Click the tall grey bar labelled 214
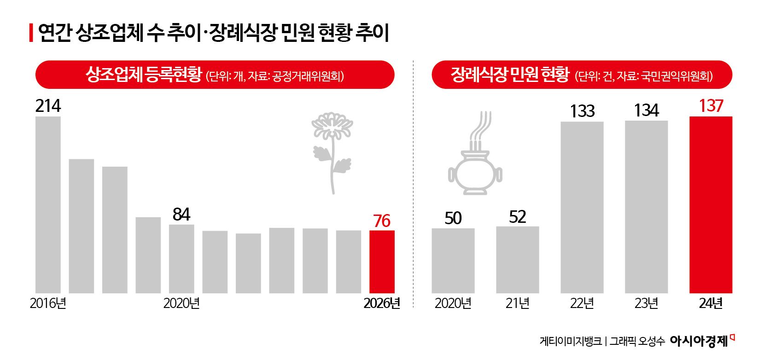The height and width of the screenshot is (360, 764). (48, 205)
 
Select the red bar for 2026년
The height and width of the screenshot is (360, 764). (382, 261)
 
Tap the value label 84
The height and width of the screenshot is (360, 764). (181, 215)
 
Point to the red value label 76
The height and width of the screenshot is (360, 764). (382, 221)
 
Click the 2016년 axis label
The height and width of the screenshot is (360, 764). (48, 303)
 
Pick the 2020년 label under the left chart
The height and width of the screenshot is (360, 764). (181, 303)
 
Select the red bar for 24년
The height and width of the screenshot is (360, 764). (711, 205)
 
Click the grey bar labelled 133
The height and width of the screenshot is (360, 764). (582, 207)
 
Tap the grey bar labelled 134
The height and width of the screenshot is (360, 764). (646, 207)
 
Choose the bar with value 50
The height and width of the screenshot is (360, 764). (453, 261)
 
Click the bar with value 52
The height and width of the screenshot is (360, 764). (517, 260)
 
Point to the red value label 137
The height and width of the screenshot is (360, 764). (711, 106)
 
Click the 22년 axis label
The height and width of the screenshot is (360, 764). (582, 303)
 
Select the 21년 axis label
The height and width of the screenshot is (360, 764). (517, 303)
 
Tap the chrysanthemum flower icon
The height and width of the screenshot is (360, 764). (332, 152)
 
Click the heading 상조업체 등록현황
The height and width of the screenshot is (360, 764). (144, 75)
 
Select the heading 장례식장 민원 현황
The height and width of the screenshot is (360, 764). (510, 75)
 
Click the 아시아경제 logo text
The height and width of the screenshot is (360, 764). (699, 341)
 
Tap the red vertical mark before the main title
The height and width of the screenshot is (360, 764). (31, 33)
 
